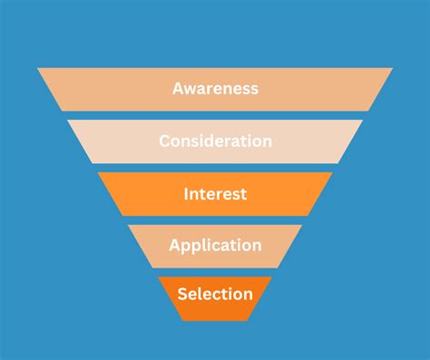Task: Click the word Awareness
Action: click(x=215, y=89)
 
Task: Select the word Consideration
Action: click(x=215, y=141)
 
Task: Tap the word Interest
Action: click(x=215, y=194)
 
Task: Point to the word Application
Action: click(x=215, y=246)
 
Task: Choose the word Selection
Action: click(x=215, y=294)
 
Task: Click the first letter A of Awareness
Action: click(x=178, y=89)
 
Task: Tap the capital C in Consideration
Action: click(x=164, y=141)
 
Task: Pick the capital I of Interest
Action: click(x=186, y=194)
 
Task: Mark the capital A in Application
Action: click(x=174, y=246)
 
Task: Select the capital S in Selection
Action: click(x=182, y=294)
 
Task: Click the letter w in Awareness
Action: click(x=191, y=89)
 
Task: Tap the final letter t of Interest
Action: click(x=244, y=194)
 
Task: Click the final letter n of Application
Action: click(x=257, y=246)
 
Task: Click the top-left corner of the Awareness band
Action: click(x=37, y=68)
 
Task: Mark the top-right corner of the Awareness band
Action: click(x=393, y=68)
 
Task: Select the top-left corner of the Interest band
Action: click(x=97, y=173)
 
